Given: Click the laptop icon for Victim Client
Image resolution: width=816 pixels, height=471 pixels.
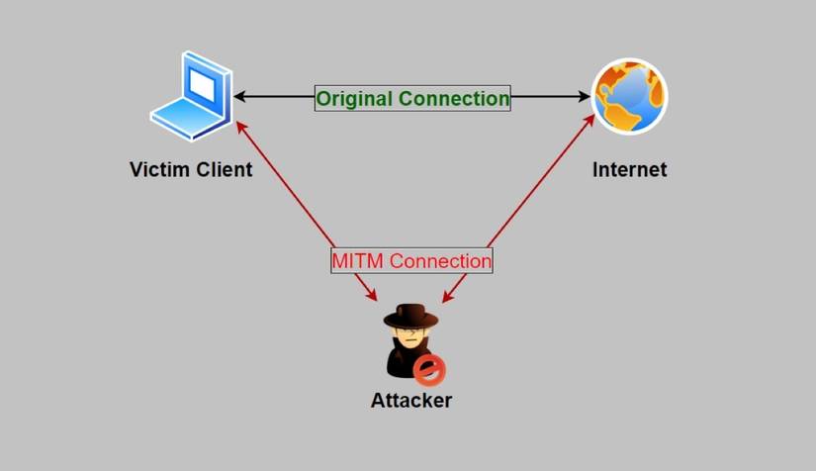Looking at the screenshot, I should (190, 96).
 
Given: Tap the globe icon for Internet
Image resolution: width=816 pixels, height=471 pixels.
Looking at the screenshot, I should (629, 97).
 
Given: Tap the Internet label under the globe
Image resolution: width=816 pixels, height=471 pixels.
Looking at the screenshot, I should (629, 169).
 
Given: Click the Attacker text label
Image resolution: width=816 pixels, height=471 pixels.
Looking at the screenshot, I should (411, 401).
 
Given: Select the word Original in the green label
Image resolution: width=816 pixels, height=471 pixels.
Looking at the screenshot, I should (354, 98).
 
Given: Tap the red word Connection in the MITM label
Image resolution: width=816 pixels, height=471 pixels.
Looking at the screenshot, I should (441, 261).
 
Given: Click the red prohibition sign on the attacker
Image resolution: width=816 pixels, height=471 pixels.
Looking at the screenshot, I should (430, 370).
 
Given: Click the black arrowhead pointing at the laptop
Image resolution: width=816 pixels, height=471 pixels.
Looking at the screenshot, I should (240, 97).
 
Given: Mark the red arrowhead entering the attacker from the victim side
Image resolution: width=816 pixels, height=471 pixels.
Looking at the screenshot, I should (372, 295).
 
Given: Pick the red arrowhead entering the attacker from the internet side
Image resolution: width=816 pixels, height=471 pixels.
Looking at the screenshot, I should (446, 297).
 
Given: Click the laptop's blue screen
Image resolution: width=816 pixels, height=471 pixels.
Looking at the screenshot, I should (202, 86).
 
